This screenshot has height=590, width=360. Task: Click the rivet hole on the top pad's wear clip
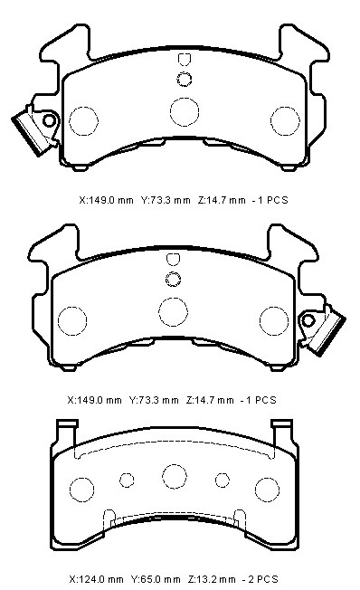tap(49, 120)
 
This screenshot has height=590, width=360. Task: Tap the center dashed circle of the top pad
tap(185, 111)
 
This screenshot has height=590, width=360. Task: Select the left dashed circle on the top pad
tap(83, 121)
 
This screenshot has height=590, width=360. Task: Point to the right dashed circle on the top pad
tap(285, 121)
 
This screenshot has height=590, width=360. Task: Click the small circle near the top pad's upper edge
tap(185, 79)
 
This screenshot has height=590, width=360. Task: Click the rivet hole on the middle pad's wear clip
tap(308, 320)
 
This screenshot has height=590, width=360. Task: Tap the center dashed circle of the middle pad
tap(173, 312)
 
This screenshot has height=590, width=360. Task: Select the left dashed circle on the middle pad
tap(72, 321)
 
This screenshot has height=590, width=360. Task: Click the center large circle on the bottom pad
tap(175, 476)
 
